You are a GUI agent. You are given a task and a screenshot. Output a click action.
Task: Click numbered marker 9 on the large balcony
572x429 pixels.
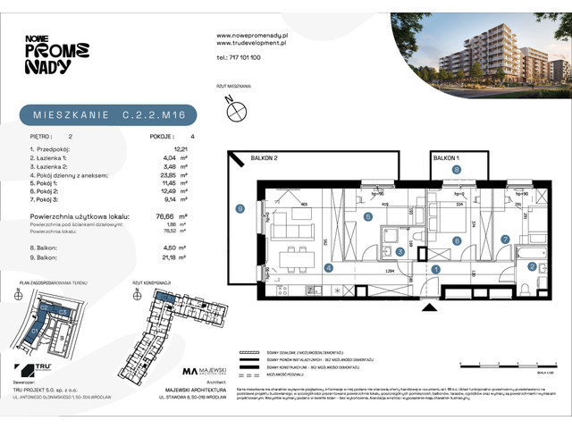[240, 209]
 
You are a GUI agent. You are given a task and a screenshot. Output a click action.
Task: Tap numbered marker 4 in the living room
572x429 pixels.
[328, 267]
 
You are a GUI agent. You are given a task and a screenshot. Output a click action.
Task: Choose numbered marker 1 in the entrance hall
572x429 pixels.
[436, 267]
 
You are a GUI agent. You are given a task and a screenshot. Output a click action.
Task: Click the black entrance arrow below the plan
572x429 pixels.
[435, 307]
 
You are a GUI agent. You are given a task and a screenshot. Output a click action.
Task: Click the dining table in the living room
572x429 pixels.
[290, 259]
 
